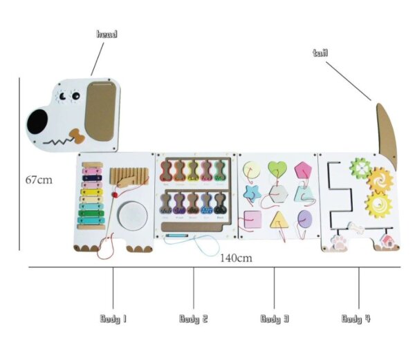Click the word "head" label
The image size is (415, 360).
point(107,33)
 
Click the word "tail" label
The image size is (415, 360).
point(320,53)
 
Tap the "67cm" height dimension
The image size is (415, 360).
point(39,180)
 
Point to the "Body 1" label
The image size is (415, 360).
point(113,319)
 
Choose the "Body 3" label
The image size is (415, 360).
point(275,319)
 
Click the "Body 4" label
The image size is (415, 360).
point(356,319)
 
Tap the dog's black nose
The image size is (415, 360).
point(37,123)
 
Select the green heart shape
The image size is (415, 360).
point(277,169)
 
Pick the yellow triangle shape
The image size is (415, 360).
point(279,220)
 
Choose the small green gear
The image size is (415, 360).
point(358,167)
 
